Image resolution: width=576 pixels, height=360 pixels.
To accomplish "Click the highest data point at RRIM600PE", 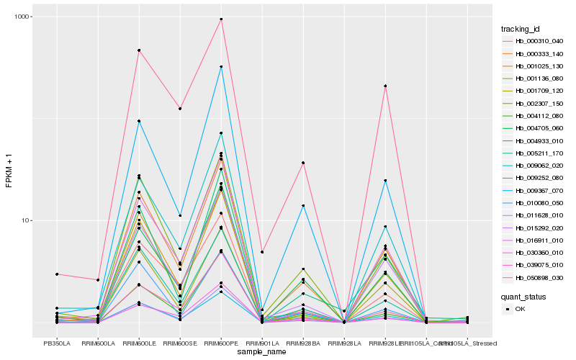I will point(221,19).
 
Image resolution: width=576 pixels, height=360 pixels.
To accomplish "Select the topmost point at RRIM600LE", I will point(139,50).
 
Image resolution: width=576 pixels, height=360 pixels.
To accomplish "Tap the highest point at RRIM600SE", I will point(180,109).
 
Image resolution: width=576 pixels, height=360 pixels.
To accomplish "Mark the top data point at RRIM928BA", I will point(303,163).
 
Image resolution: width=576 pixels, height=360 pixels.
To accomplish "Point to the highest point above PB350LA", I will point(56,274).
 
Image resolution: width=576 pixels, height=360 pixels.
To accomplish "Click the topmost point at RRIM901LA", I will point(262,252).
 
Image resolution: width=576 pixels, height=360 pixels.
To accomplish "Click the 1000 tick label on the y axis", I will point(23,17).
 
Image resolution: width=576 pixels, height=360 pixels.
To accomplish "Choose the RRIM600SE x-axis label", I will point(180,343).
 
